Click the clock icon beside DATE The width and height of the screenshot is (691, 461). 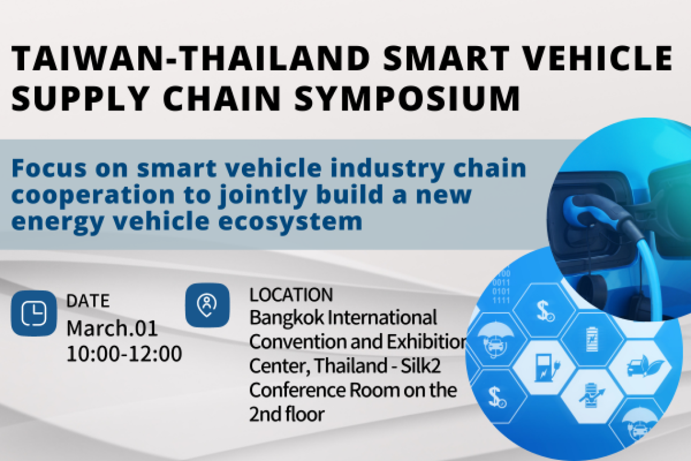point(34,313)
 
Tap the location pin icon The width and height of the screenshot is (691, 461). point(207,305)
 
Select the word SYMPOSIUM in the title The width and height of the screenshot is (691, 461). point(408,98)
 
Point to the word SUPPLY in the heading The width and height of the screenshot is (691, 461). point(80,98)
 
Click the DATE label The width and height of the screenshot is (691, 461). point(88,301)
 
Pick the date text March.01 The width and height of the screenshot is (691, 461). point(112,328)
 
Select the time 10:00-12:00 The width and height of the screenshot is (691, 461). point(124,354)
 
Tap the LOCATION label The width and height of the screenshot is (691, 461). point(291,295)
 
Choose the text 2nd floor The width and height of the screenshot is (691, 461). point(287,414)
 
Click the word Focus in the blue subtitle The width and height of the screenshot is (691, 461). point(49,168)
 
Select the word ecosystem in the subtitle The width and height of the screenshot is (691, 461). point(290,221)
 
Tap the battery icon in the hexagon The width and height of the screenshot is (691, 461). point(592,338)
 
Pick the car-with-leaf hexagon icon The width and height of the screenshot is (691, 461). point(644,366)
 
